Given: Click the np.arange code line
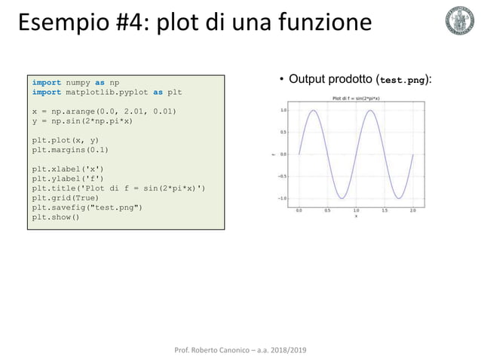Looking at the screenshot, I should (103, 111).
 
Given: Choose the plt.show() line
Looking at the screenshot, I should (55, 218).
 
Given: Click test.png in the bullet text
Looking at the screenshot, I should (404, 79).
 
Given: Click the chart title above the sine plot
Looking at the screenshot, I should (356, 99).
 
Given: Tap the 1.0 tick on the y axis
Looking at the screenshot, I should (283, 110).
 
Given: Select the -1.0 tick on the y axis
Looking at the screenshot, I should (281, 198).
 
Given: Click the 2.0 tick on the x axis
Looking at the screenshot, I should (412, 212).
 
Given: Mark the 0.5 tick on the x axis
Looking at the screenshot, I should (327, 212).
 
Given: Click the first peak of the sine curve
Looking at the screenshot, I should (314, 110).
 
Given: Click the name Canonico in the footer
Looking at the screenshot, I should (232, 351).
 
